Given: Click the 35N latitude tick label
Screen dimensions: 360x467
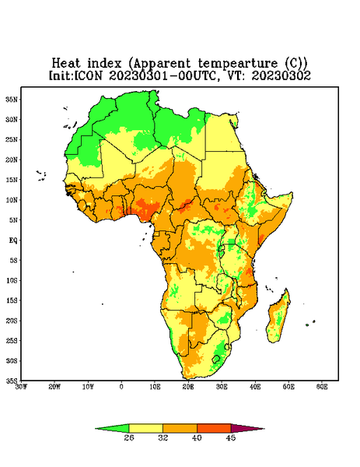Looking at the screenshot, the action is [x=12, y=99].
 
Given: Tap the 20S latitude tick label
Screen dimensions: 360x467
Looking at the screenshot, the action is [x=12, y=321].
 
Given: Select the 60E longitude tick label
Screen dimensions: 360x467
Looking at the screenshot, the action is [x=322, y=387].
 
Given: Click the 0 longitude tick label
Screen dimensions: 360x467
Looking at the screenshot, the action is [x=121, y=387].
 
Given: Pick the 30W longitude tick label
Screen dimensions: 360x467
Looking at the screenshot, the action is [x=21, y=387].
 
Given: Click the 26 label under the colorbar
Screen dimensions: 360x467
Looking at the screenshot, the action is [x=129, y=437].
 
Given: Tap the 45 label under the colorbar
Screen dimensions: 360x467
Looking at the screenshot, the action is [x=231, y=437].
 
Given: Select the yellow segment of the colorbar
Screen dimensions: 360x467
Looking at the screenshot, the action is [x=145, y=429].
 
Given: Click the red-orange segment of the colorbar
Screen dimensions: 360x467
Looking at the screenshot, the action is [x=214, y=429].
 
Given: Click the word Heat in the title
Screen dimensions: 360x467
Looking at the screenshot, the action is [x=66, y=64].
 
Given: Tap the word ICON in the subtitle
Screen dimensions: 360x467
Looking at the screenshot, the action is [x=88, y=75].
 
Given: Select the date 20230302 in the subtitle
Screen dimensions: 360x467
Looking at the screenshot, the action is [x=281, y=75].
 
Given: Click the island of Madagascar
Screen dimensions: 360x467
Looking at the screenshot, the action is [x=279, y=318].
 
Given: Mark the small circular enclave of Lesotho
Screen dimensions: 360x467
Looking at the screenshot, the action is [x=216, y=359].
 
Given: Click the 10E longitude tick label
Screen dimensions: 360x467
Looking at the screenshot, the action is [x=155, y=387].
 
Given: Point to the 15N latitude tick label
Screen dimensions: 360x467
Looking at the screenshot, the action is [x=12, y=180].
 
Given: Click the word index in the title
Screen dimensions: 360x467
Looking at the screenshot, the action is [x=104, y=64].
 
